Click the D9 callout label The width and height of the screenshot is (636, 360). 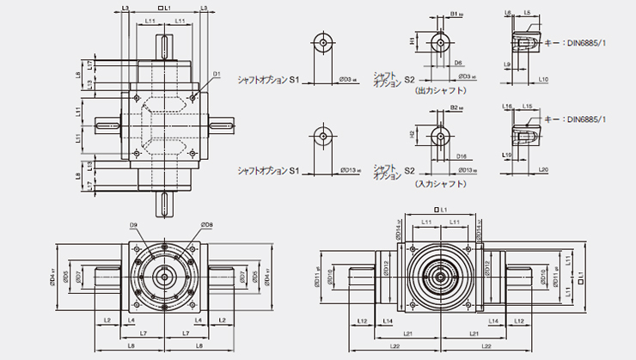pyautogui.click(x=134, y=225)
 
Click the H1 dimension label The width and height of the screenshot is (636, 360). pyautogui.click(x=413, y=40)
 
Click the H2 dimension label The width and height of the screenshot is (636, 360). pyautogui.click(x=413, y=135)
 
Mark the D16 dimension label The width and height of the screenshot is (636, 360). pyautogui.click(x=461, y=157)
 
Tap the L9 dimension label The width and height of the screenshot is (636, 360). pyautogui.click(x=509, y=64)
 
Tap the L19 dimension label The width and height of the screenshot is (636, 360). pyautogui.click(x=509, y=155)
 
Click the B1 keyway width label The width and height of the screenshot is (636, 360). pyautogui.click(x=456, y=14)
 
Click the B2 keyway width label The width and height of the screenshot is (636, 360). pyautogui.click(x=456, y=107)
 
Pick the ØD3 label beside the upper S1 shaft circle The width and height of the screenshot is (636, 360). pyautogui.click(x=348, y=79)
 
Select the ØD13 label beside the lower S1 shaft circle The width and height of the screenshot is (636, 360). pyautogui.click(x=350, y=171)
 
